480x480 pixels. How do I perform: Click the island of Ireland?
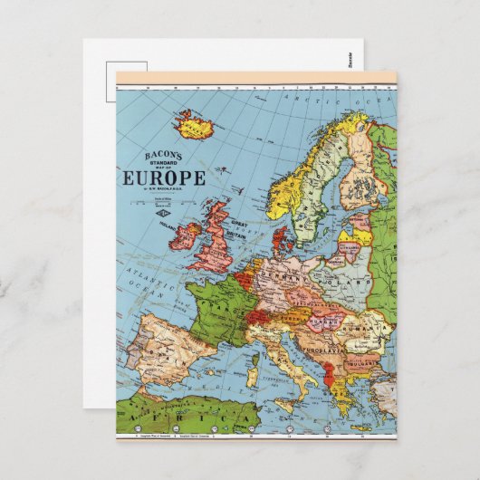tap(186, 236)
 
